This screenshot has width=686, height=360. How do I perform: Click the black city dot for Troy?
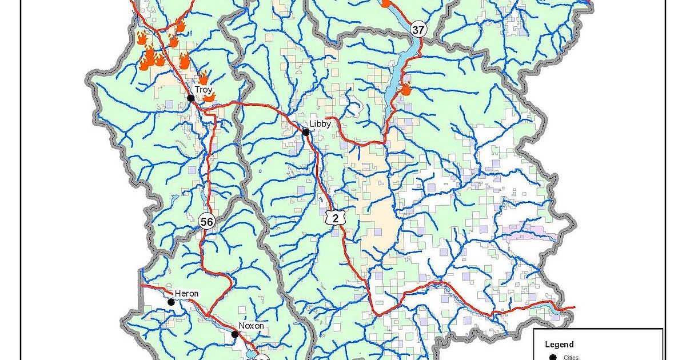(x=190, y=98)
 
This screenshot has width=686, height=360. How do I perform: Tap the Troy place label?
(x=204, y=90)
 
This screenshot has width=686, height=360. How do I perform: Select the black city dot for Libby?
(x=306, y=132)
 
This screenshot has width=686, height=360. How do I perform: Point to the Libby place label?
(x=320, y=123)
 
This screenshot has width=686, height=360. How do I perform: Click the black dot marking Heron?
(x=171, y=302)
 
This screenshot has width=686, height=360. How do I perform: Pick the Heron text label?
(x=186, y=294)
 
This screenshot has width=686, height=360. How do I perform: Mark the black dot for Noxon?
(x=234, y=334)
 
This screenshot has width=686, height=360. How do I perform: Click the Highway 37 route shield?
(x=418, y=29)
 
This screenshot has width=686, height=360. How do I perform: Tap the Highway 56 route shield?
(x=206, y=221)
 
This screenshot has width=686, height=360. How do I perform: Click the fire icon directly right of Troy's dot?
(x=209, y=98)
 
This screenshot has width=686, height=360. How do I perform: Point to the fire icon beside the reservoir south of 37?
(x=406, y=89)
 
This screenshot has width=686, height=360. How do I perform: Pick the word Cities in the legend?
(x=571, y=357)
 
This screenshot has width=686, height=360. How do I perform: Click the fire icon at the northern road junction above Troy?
(x=180, y=25)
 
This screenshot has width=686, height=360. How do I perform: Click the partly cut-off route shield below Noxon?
(x=260, y=358)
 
